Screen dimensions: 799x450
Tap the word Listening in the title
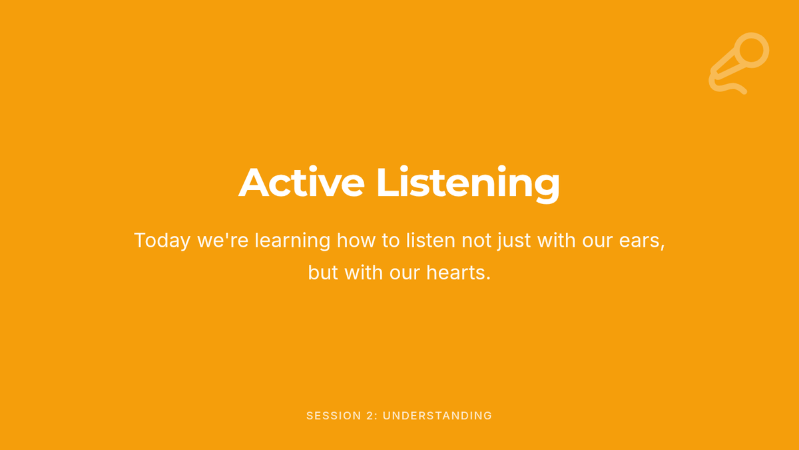(x=468, y=184)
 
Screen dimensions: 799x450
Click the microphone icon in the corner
(x=738, y=63)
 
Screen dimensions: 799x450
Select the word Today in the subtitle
(x=162, y=241)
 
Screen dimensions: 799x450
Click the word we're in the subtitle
(x=223, y=240)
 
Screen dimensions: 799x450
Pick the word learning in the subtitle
(x=292, y=241)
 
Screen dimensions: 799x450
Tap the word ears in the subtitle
(x=642, y=241)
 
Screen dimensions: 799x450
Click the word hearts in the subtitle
(x=459, y=273)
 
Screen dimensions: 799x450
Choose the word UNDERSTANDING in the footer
(x=437, y=416)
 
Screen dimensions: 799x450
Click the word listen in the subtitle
(x=431, y=240)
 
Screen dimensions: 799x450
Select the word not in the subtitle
(x=477, y=241)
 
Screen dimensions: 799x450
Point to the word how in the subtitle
(x=356, y=240)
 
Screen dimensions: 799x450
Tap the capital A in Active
(x=254, y=181)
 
